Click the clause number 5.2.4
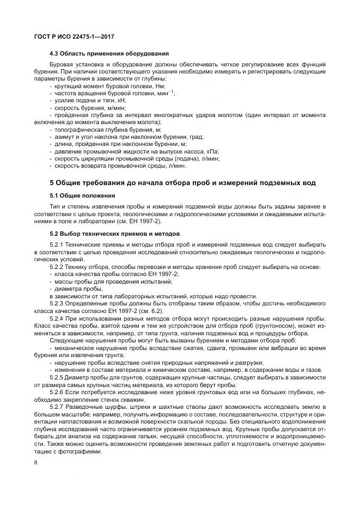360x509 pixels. point(57,317)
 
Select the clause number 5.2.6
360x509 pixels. point(57,392)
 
